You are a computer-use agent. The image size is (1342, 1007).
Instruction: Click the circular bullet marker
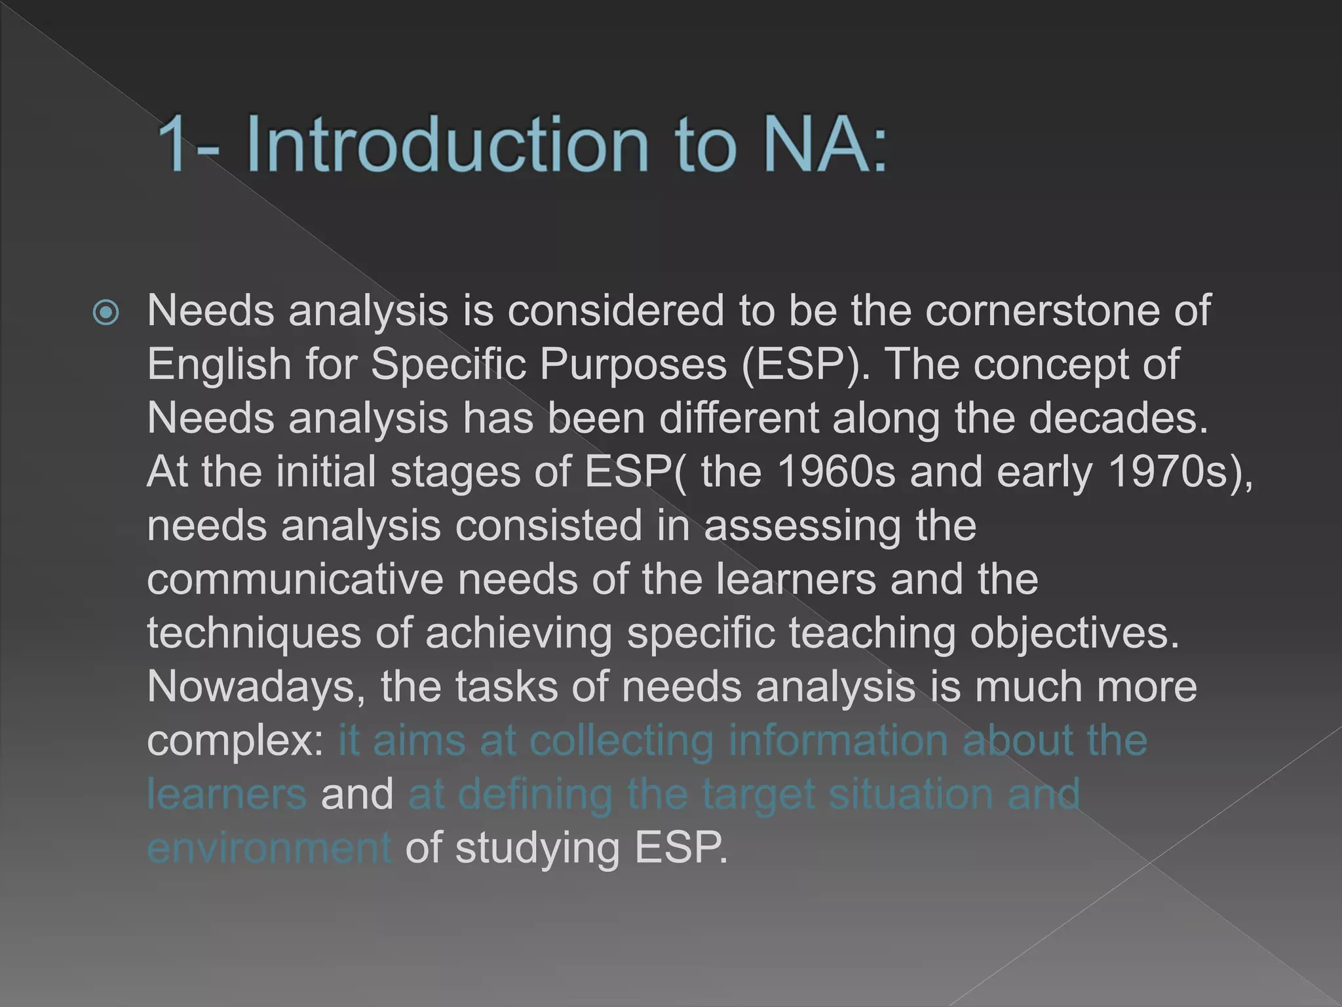106,313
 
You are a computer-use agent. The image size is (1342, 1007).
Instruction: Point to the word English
219,364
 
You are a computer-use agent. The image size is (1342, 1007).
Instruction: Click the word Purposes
633,364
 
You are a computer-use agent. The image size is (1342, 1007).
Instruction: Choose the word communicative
295,579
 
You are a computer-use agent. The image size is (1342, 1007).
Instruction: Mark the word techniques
254,634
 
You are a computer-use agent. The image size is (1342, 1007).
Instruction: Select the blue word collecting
621,740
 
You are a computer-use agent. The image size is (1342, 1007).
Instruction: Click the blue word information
838,740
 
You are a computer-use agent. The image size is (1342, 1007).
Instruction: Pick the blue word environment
269,848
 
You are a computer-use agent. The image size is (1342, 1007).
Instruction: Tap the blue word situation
910,794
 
